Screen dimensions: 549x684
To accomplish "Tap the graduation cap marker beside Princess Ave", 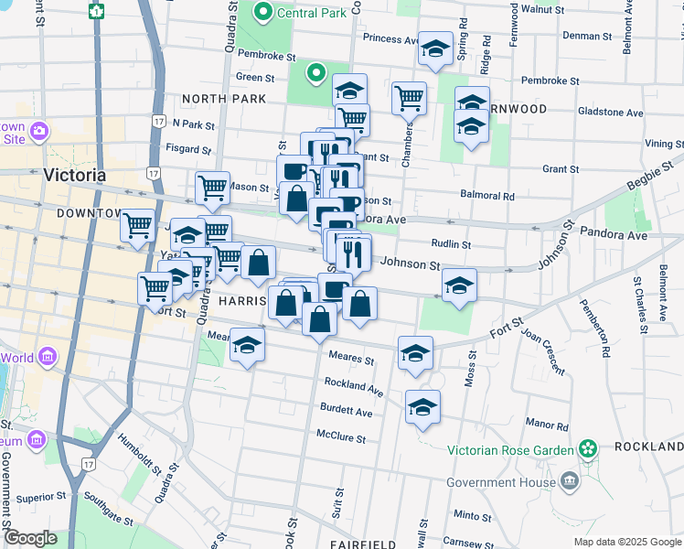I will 435,48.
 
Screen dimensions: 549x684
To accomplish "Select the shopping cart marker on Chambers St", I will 409,98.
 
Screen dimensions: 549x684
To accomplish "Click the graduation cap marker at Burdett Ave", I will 422,408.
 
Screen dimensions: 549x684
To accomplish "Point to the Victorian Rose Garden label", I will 509,449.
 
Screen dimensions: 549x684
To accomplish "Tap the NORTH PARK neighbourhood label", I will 224,99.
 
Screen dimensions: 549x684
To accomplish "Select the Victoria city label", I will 74,175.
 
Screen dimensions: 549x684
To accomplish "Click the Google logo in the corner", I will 31,537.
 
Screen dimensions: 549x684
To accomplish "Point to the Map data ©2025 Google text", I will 626,542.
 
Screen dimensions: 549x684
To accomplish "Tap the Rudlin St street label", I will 451,244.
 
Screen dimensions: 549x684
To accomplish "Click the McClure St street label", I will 341,438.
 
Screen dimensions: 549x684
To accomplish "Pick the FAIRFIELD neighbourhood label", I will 363,544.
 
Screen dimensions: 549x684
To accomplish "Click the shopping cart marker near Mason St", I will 212,187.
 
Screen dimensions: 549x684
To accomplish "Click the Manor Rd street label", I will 548,425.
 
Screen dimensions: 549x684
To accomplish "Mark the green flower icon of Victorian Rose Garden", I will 587,449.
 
